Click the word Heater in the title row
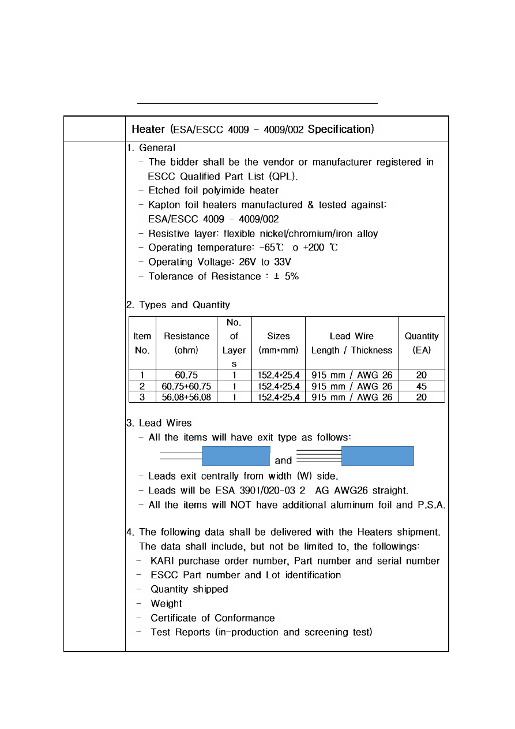(x=149, y=129)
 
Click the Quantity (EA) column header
(x=422, y=343)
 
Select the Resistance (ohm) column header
(x=186, y=343)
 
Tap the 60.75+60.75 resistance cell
(x=186, y=386)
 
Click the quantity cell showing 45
(x=422, y=386)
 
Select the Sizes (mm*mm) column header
(x=279, y=343)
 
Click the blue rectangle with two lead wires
(x=236, y=455)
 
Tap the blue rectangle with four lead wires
(x=378, y=455)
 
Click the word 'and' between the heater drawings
(x=283, y=461)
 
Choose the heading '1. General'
(x=151, y=148)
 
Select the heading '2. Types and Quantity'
(x=178, y=305)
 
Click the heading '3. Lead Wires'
(x=159, y=423)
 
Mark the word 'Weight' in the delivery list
(x=166, y=604)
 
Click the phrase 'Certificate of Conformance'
(x=212, y=618)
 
